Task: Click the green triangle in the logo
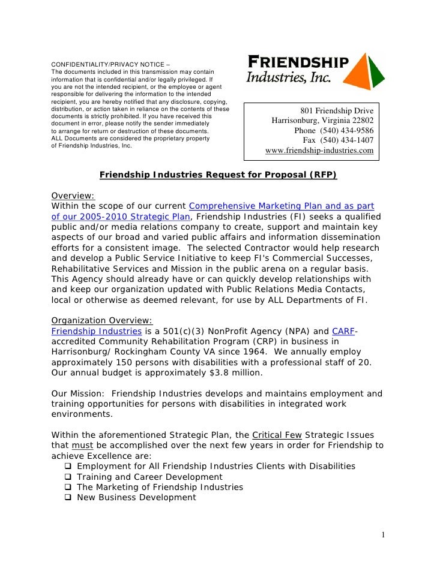coord(377,73)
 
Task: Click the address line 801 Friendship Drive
coord(337,111)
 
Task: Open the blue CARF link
coord(343,331)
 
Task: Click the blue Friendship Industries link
coord(96,331)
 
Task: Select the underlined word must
coord(82,445)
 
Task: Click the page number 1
coord(382,535)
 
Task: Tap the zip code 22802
coord(360,121)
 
